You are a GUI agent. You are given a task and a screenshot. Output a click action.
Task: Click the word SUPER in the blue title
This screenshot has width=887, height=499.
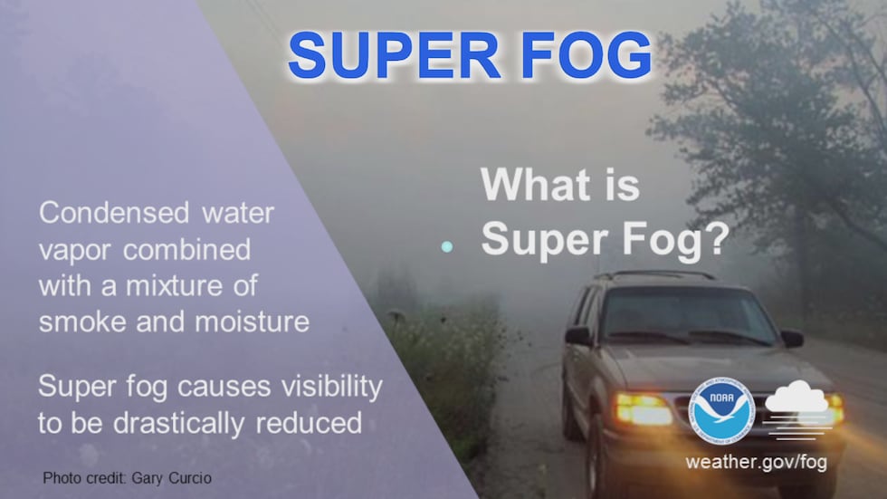click(x=395, y=55)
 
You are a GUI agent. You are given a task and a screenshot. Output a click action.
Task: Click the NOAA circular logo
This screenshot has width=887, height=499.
click(x=721, y=411)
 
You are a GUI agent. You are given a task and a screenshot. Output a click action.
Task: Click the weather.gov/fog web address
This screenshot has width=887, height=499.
click(x=757, y=462)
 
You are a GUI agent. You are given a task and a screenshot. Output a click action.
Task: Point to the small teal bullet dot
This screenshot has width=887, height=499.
click(x=447, y=246)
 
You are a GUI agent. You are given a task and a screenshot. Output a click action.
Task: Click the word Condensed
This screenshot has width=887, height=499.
click(x=114, y=214)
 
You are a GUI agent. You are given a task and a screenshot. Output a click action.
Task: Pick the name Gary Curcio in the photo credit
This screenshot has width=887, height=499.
click(x=171, y=478)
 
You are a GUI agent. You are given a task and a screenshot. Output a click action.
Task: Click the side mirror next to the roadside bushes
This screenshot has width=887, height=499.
click(x=578, y=336)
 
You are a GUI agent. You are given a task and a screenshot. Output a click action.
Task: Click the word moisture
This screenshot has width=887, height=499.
click(x=253, y=321)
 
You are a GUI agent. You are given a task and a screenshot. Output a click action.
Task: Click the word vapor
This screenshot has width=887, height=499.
click(x=74, y=251)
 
